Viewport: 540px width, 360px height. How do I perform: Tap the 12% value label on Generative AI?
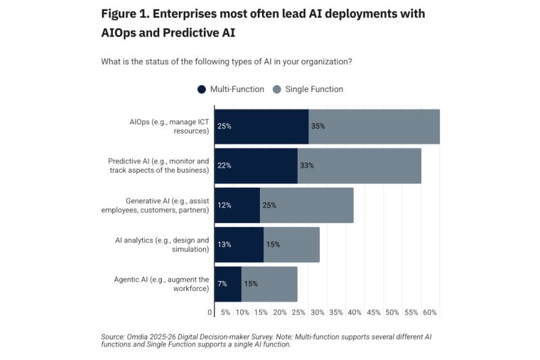tap(224, 205)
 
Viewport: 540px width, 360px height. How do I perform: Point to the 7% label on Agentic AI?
tap(222, 284)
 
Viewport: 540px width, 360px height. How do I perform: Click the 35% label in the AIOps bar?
tap(317, 126)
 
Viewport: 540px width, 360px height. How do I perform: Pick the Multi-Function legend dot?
tap(201, 89)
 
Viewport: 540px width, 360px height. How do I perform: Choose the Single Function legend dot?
tap(277, 89)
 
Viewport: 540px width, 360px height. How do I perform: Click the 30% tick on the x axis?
tap(317, 313)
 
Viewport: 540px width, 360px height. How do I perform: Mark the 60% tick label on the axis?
tap(429, 313)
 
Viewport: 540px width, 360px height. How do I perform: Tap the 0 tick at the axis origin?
tap(210, 313)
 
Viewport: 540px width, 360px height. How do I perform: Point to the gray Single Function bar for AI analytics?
tap(292, 245)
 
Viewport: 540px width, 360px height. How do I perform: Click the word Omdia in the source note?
tap(138, 336)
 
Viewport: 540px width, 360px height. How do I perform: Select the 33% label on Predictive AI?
tap(306, 165)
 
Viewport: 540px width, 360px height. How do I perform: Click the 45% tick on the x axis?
tap(373, 313)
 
